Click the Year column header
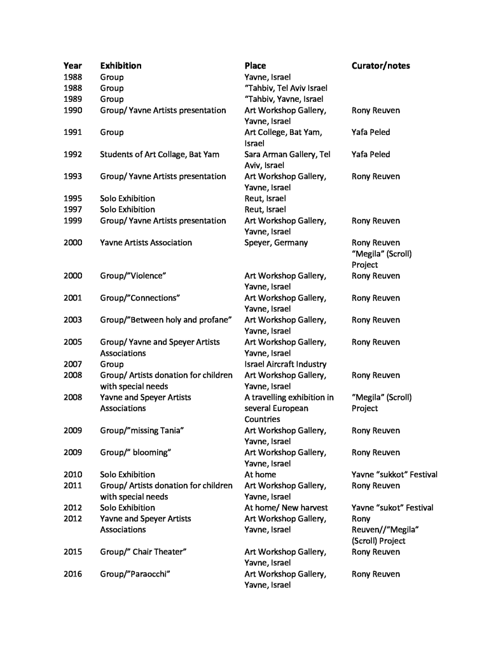point(72,66)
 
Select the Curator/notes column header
point(380,66)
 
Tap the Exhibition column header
point(120,66)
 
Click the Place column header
point(255,66)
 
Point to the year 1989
point(72,99)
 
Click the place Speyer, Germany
point(275,242)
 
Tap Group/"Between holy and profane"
point(165,320)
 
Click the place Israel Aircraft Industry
point(285,364)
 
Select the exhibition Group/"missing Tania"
point(142,431)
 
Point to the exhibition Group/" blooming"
point(135,452)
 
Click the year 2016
point(72,574)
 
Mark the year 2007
point(72,364)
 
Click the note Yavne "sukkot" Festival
point(394,475)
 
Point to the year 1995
point(72,199)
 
